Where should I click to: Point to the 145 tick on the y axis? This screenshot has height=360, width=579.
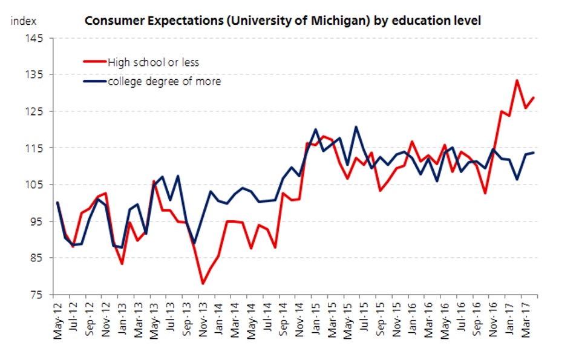36,38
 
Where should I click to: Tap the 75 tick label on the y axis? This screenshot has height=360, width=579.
38,295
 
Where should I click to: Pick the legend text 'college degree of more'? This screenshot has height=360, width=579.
164,81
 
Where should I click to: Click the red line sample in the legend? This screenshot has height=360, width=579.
94,62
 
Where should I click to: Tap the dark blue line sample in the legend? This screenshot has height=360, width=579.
94,81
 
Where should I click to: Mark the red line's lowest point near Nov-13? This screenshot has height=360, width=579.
203,284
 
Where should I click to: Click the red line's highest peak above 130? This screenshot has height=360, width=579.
517,80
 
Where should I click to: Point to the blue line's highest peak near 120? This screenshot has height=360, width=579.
356,127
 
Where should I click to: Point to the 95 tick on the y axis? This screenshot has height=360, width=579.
38,221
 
